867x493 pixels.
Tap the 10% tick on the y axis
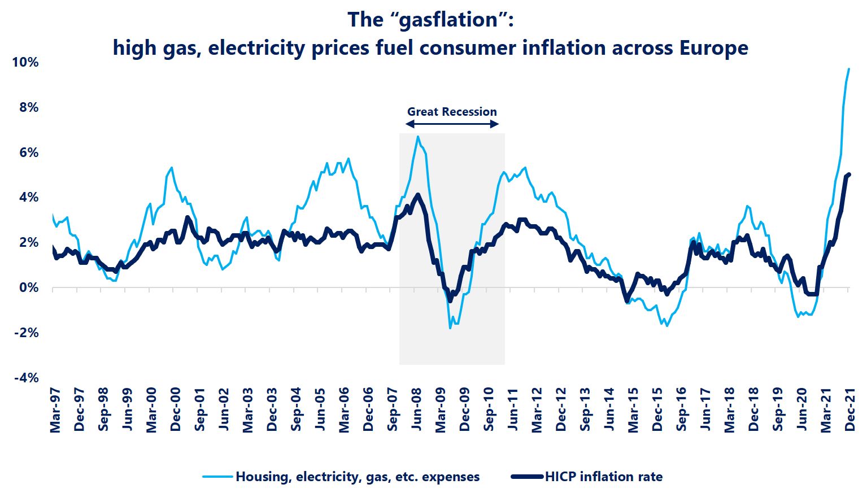[25, 62]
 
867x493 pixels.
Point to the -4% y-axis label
[25, 377]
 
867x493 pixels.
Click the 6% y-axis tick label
[28, 152]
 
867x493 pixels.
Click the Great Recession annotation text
[452, 112]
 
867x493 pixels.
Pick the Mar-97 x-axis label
[55, 411]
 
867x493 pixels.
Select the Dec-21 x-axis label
[849, 411]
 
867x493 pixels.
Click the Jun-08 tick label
[417, 411]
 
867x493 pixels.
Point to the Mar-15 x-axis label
[633, 411]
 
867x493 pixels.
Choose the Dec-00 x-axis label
[176, 411]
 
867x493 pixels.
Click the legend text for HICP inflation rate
[603, 477]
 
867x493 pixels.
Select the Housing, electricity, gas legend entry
[357, 477]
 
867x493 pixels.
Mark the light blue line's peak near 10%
[848, 69]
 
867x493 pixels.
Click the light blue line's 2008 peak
[417, 137]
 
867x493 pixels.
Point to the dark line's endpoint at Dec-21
[849, 174]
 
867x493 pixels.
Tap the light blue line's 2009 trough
[450, 328]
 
